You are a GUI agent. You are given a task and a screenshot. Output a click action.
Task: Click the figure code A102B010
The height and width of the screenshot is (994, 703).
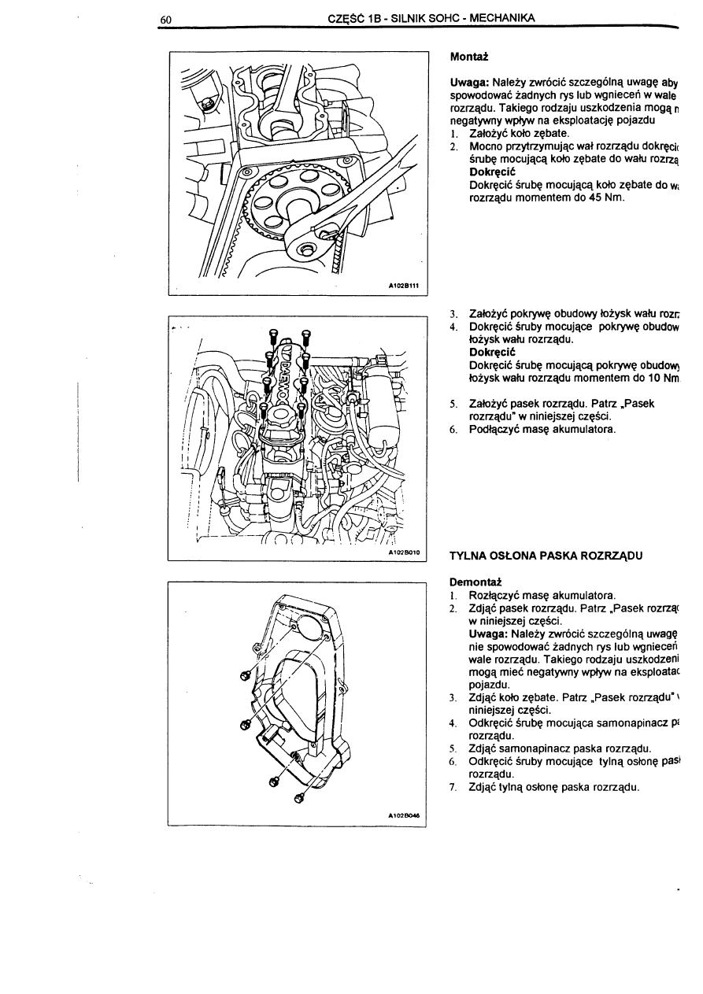(x=405, y=553)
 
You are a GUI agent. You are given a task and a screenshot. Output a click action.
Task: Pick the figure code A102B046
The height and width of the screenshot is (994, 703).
(x=404, y=816)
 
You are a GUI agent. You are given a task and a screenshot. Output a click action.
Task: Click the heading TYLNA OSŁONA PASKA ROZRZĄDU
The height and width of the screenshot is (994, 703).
(x=546, y=555)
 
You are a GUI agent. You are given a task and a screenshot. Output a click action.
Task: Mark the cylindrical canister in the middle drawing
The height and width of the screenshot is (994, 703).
(x=389, y=413)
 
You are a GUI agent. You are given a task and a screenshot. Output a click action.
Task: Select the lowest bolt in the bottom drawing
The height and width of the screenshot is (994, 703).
(x=299, y=799)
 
